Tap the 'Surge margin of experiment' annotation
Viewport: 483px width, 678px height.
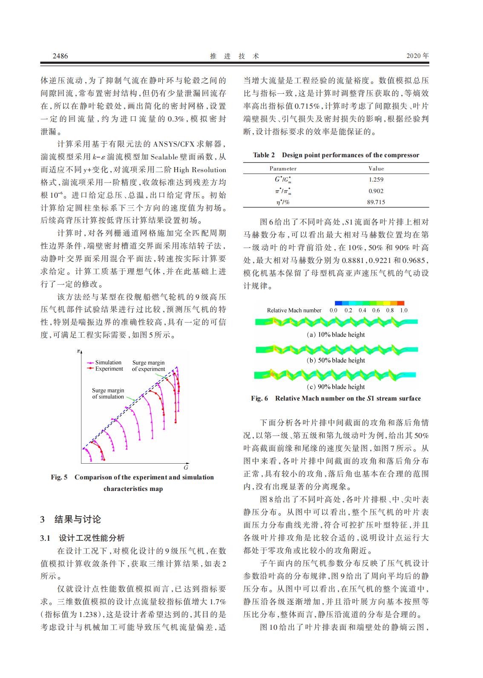click(148, 366)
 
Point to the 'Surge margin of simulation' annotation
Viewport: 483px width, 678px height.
click(108, 393)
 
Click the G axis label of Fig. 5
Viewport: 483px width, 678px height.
click(186, 467)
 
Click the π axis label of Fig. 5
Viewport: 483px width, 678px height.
click(78, 351)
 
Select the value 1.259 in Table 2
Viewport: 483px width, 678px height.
click(376, 180)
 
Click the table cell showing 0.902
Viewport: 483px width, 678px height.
click(376, 191)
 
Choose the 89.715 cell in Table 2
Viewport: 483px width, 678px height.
click(376, 202)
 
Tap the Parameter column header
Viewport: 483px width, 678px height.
click(283, 169)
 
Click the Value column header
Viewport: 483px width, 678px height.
click(376, 169)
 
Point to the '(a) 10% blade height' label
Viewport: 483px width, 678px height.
click(336, 335)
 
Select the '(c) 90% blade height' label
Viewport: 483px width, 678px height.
click(336, 387)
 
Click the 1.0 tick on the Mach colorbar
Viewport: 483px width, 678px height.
click(403, 310)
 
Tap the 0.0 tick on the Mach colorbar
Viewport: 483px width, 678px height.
click(333, 310)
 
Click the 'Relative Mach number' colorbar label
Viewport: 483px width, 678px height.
click(294, 310)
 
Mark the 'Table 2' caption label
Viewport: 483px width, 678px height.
click(264, 155)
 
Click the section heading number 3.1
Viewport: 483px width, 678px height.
click(46, 538)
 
